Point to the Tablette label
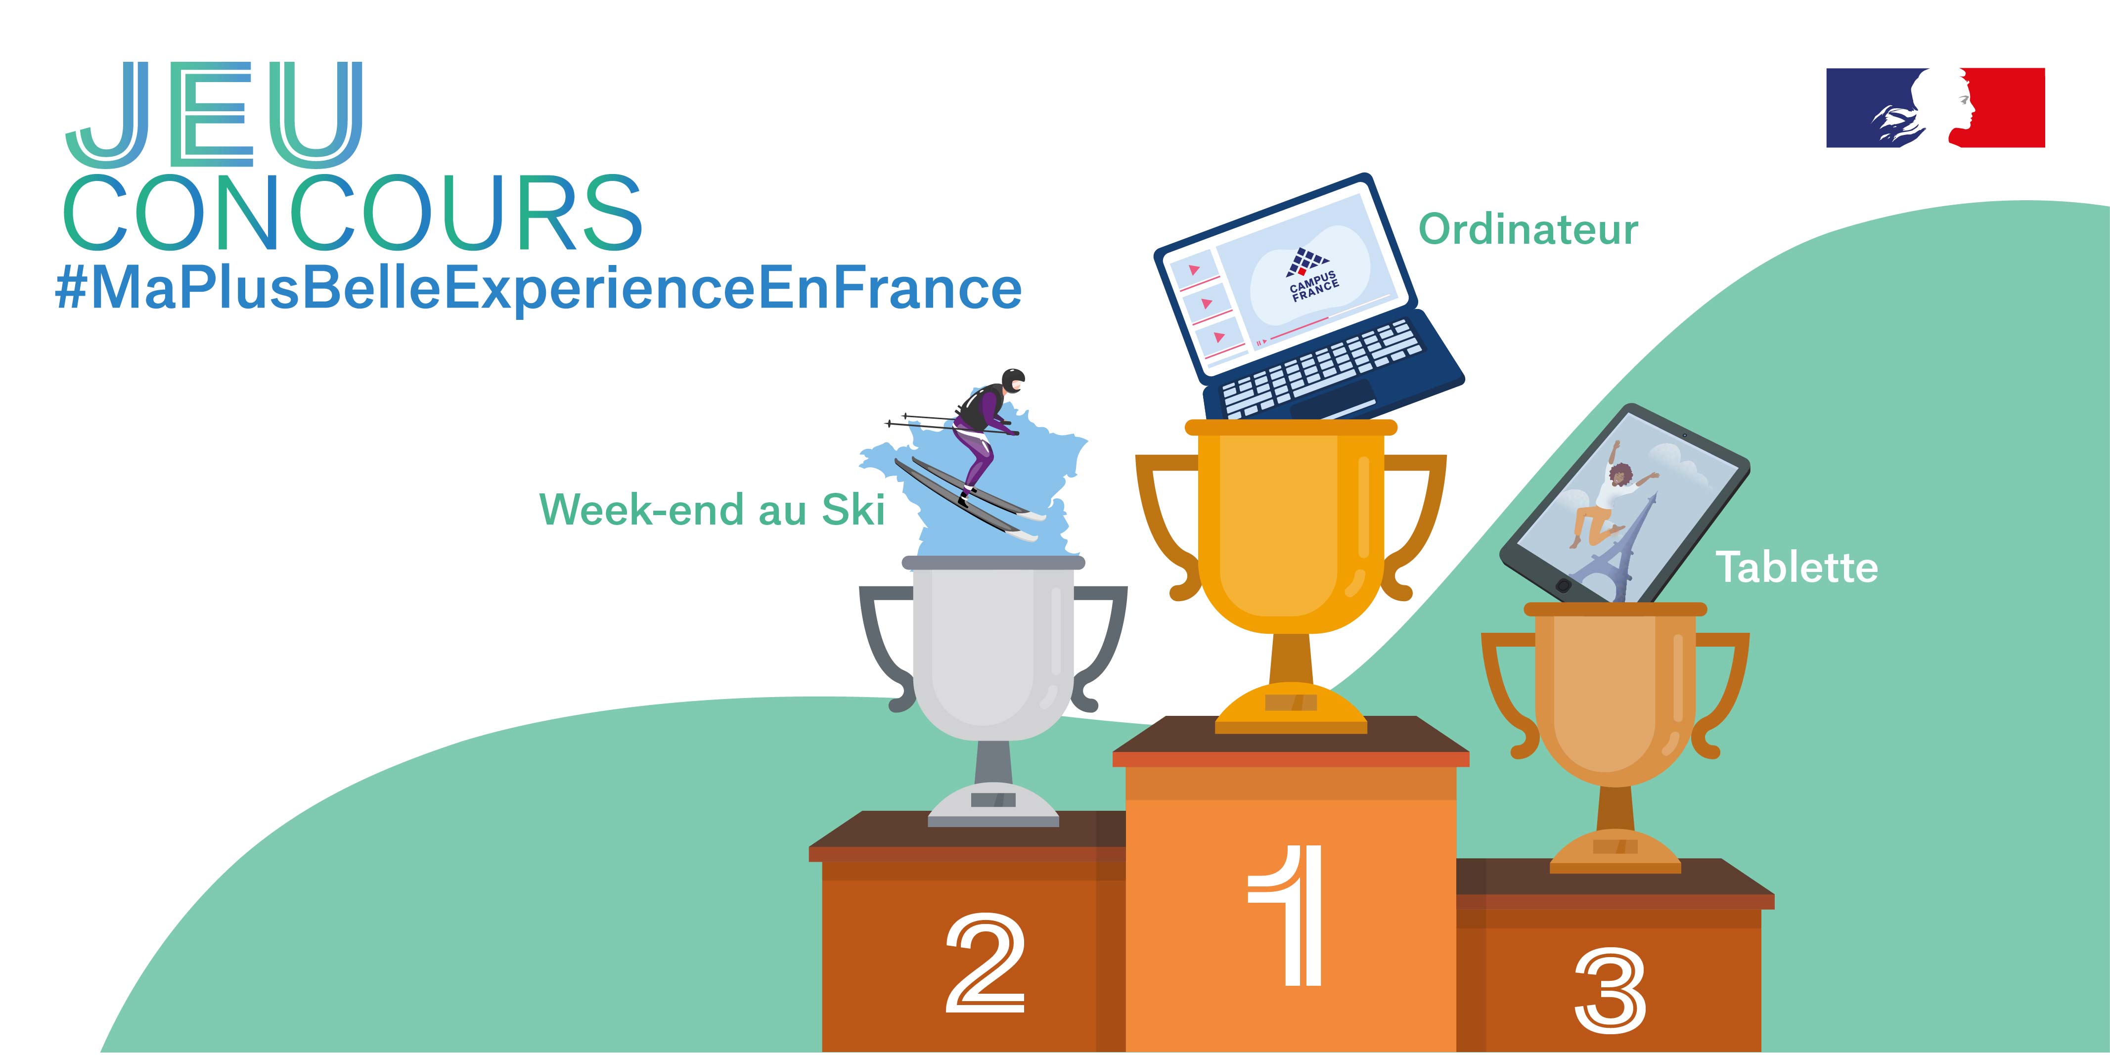[1797, 567]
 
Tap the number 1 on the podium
[1287, 915]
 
